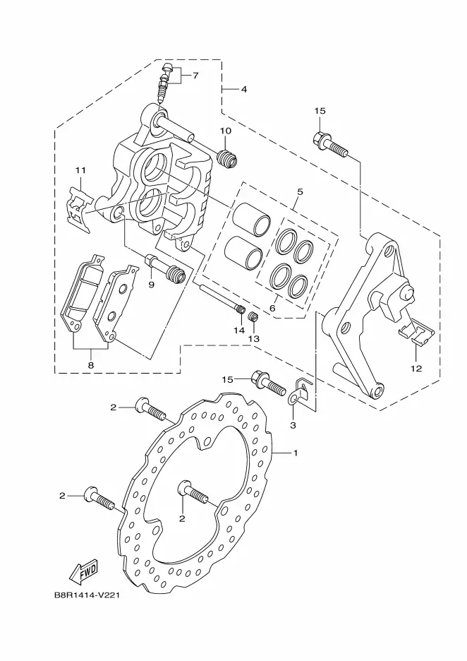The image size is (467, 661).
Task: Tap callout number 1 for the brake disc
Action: click(296, 453)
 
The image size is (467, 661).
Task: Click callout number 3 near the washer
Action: click(244, 90)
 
